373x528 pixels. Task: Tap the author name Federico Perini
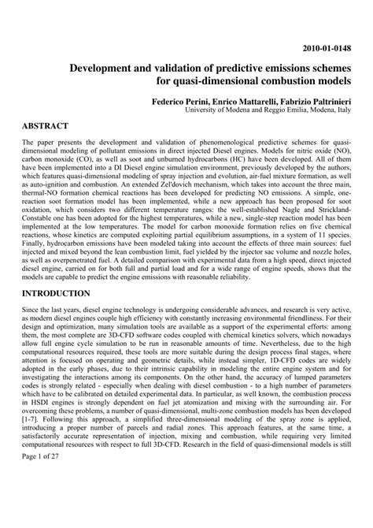coord(187,102)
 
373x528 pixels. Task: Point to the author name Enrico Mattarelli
coord(254,102)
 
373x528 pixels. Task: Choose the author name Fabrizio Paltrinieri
coord(323,102)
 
